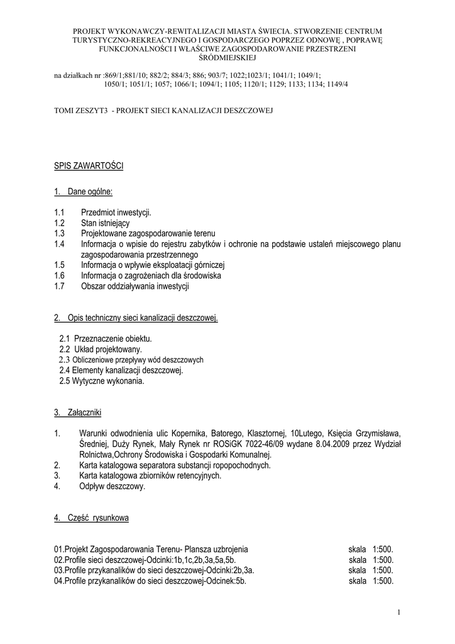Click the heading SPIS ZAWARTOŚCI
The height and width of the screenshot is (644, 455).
[89, 166]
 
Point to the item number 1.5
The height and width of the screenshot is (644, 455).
[60, 265]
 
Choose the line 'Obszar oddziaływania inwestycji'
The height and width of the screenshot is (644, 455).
[135, 286]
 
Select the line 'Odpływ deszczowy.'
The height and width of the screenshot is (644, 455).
[112, 486]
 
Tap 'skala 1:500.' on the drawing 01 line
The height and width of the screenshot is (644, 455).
[371, 549]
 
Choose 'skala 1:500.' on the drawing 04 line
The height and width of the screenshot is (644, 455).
[371, 580]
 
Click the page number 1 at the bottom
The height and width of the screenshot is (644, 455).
[398, 612]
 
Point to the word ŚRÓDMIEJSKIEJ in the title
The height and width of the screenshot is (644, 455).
[227, 58]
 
